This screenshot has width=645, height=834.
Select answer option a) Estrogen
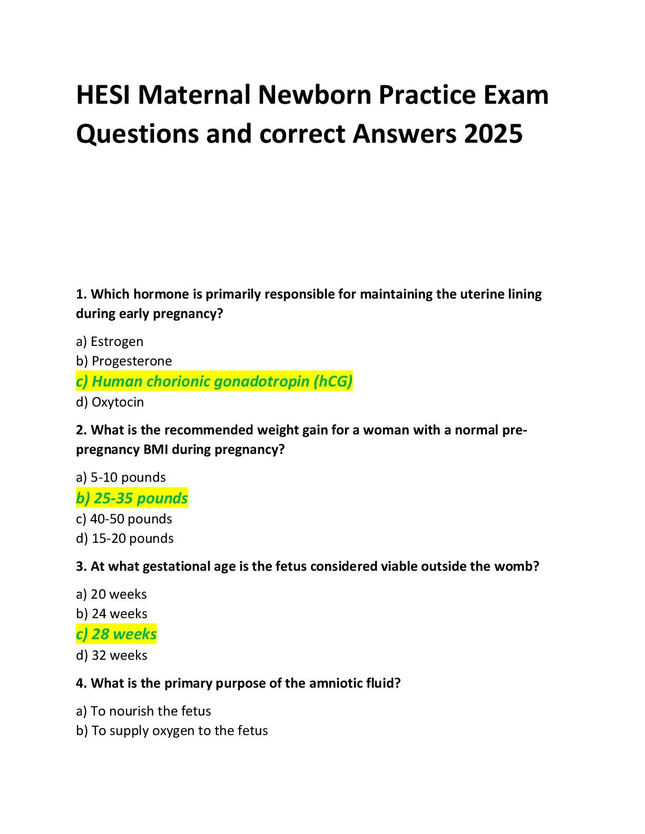110,342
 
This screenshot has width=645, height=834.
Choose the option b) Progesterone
124,361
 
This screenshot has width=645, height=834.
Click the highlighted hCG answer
214,381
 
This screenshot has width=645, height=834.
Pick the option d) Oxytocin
110,402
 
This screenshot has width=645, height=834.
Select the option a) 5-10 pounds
121,478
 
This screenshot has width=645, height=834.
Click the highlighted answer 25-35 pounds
132,498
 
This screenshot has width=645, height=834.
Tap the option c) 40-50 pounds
124,519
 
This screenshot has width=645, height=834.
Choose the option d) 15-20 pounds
125,539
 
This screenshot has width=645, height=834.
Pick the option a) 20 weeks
111,594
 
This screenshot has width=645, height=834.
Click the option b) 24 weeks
112,614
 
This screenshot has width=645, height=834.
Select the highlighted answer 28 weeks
116,634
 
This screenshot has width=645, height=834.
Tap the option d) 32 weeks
112,656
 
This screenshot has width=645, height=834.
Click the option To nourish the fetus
143,711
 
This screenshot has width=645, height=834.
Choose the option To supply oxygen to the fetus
172,731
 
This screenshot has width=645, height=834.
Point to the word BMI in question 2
155,450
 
